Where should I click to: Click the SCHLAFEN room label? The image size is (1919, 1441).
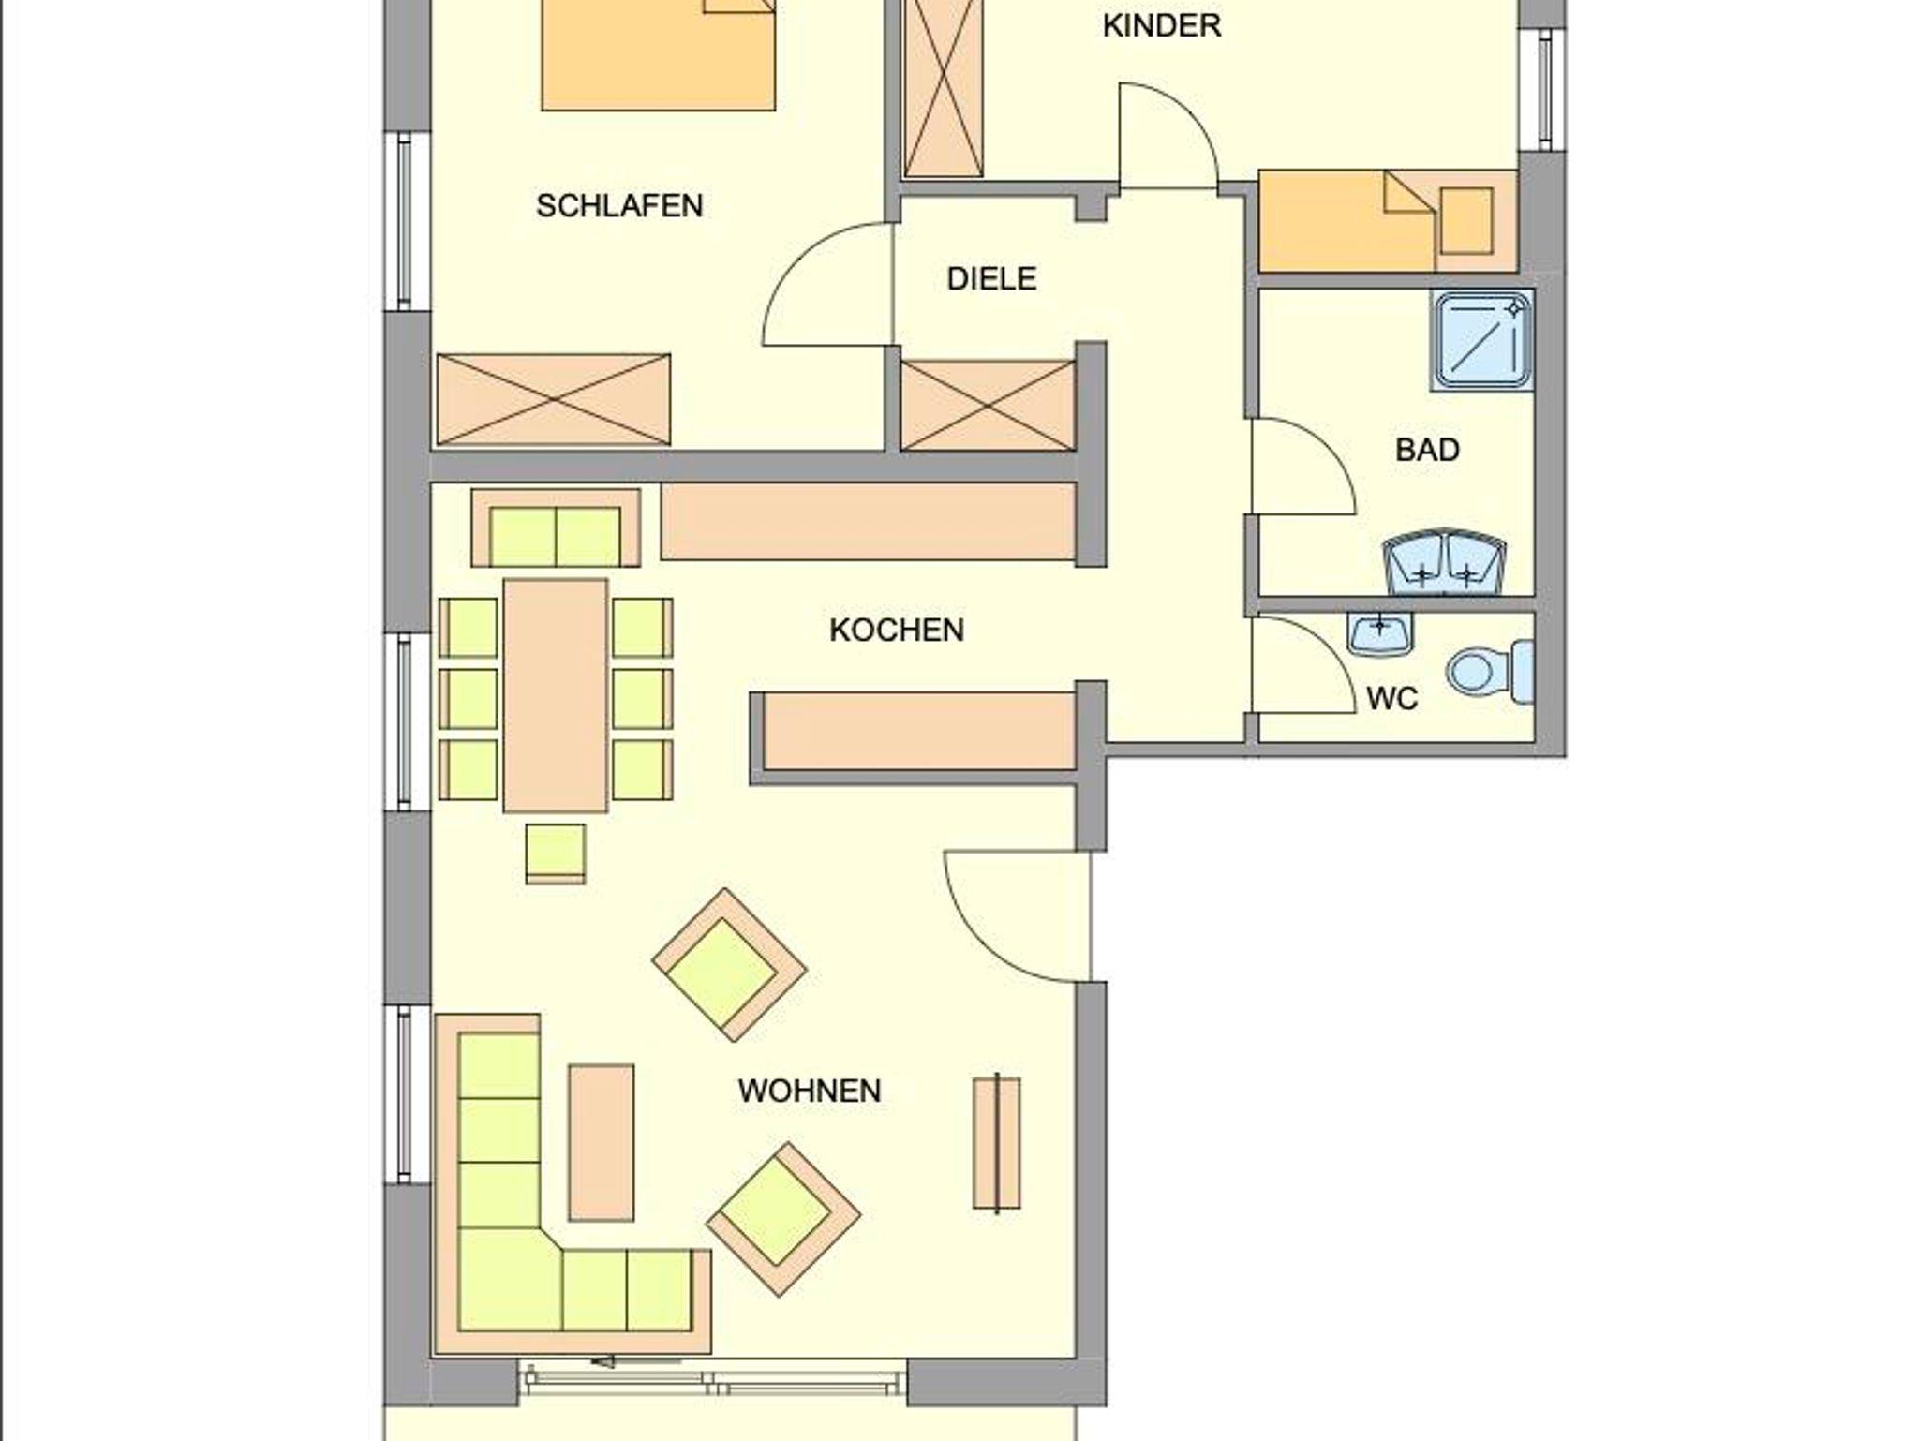tap(619, 206)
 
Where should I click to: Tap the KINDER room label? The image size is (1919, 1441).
tap(1162, 26)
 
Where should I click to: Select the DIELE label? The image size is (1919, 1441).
tap(991, 279)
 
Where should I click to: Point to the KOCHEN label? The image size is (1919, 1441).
tap(897, 631)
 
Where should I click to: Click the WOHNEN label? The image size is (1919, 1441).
tap(810, 1092)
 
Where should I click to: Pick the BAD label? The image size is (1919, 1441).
tap(1427, 451)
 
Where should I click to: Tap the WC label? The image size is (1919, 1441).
tap(1392, 699)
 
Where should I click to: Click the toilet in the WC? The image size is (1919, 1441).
tap(1491, 671)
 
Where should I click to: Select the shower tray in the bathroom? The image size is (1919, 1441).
tap(1481, 342)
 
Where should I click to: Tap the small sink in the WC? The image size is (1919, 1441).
tap(1380, 634)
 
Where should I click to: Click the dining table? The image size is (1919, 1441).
tap(556, 695)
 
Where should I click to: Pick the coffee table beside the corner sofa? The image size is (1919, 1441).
tap(601, 1142)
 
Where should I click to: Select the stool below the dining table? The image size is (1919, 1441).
tap(556, 854)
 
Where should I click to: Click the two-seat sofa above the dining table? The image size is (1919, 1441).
tap(556, 527)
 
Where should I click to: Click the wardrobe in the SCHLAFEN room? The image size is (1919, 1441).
tap(554, 399)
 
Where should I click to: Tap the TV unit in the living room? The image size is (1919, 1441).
tap(997, 1142)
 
